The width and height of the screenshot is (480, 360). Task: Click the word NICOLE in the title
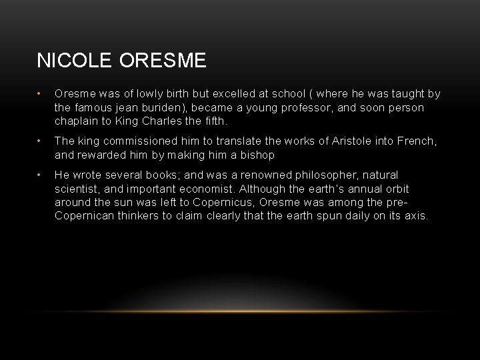point(75,61)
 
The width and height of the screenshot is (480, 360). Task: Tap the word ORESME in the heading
point(163,61)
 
